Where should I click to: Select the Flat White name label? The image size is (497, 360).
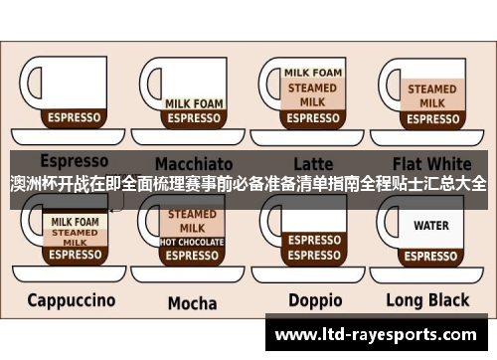tap(431, 162)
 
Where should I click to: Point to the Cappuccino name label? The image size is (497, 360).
tap(71, 299)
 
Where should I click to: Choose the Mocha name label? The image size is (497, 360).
tap(192, 302)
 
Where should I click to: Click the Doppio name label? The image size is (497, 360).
tap(315, 300)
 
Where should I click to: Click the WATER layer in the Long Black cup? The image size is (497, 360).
tap(431, 226)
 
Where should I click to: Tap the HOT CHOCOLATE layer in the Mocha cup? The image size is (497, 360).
tap(192, 242)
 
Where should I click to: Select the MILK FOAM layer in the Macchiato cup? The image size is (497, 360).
tap(193, 102)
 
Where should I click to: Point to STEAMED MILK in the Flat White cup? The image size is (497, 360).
tap(431, 95)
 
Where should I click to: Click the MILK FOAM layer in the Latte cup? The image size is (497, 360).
tap(313, 73)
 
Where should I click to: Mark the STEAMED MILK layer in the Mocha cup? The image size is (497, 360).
tap(192, 220)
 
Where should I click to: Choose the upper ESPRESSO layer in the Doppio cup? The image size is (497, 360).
tap(314, 240)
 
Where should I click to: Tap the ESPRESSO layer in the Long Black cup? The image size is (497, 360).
tap(431, 255)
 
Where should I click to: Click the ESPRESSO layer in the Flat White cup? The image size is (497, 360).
tap(431, 118)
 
